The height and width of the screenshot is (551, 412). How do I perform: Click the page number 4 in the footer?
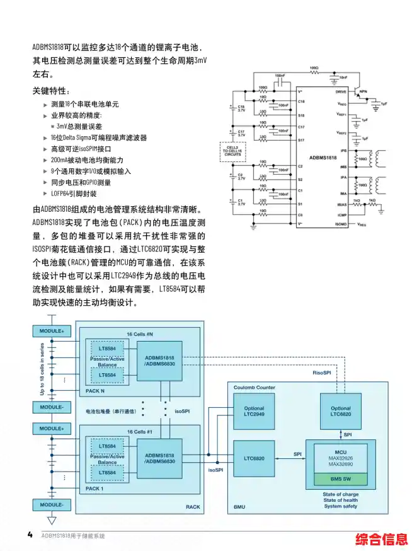30,535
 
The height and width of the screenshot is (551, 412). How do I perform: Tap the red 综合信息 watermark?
382,540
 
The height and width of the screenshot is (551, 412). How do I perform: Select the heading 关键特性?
52,91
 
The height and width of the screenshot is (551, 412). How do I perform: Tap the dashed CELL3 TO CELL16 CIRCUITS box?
234,151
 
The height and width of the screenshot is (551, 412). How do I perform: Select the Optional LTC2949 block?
255,410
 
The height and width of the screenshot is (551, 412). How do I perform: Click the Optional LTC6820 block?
341,410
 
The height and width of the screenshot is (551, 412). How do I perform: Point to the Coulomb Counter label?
255,386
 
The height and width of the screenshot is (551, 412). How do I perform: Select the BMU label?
240,507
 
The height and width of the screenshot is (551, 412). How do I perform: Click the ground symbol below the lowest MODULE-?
52,521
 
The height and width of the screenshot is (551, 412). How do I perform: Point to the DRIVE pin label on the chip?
341,91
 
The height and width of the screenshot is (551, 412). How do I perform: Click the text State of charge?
341,494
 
